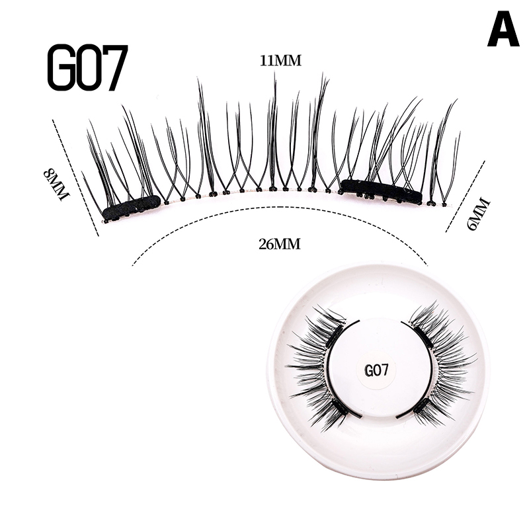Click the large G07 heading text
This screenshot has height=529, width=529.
[x=87, y=68]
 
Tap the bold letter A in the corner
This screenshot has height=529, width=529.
[x=503, y=30]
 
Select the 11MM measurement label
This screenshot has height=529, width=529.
[x=280, y=61]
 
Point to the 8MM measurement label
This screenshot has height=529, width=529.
[x=56, y=184]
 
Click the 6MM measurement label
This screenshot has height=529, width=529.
[x=475, y=213]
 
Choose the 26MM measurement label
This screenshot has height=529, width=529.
[x=280, y=244]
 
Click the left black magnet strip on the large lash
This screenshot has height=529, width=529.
[x=132, y=208]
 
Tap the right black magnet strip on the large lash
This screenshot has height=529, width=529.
[x=381, y=191]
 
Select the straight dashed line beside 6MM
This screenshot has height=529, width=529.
[x=466, y=196]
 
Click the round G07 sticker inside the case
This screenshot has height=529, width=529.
[x=376, y=370]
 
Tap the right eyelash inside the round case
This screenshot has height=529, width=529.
[x=440, y=367]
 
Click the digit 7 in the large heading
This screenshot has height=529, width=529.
[x=114, y=68]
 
